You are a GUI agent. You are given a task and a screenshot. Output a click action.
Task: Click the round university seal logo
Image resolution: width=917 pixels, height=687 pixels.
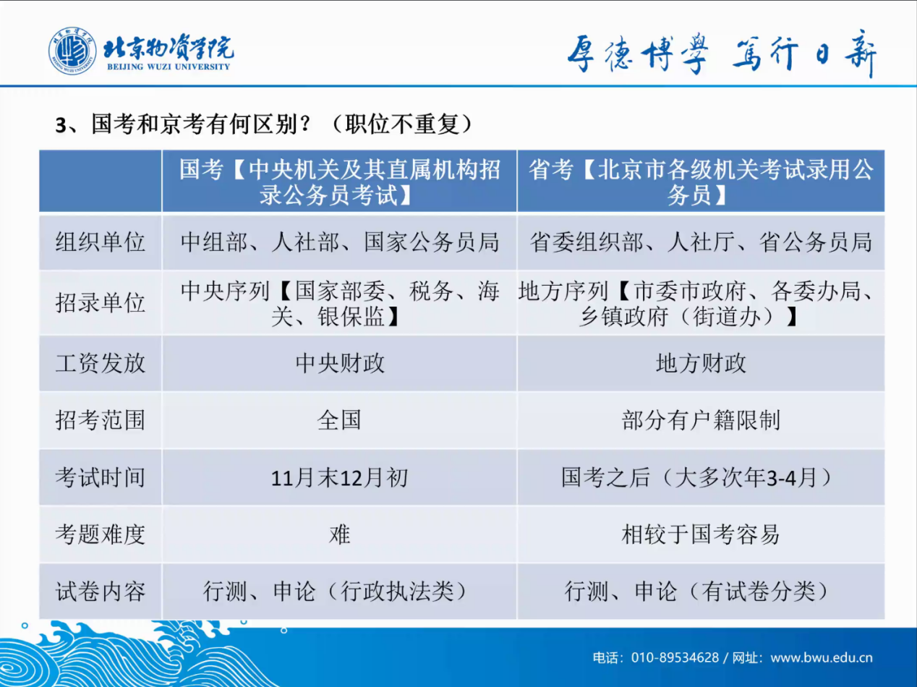coord(72,51)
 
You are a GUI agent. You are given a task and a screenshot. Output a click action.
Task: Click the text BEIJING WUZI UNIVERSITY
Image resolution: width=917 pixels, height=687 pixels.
coord(169,67)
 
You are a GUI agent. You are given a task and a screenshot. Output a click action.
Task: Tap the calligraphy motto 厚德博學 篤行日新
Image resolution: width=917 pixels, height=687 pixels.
coord(722,54)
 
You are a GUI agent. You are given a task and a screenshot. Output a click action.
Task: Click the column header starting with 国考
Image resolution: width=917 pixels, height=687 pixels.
coord(339,182)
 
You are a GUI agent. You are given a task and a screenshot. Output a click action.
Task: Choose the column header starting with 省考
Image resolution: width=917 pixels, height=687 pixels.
coord(701,182)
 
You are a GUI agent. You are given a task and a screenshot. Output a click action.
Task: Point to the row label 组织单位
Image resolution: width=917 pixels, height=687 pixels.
coord(101,242)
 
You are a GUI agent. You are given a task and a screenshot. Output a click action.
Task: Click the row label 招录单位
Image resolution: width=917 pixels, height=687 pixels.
coord(101,303)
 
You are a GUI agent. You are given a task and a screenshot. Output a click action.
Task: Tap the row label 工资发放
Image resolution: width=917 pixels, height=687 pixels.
coord(101,363)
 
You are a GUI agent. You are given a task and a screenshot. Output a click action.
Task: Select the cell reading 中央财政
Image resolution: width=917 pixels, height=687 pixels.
coord(340,363)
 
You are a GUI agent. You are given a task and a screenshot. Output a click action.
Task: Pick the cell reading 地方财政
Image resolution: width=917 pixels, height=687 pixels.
coord(701,363)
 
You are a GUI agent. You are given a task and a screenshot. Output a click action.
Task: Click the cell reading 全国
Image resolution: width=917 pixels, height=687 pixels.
coord(339,419)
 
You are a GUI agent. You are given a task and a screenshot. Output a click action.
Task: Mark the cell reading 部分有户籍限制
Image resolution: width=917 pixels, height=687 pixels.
coord(701,419)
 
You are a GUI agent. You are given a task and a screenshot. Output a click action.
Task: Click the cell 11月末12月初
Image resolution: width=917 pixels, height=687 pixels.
coord(340,477)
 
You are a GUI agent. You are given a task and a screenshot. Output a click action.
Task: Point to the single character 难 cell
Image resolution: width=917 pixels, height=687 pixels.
coord(339,534)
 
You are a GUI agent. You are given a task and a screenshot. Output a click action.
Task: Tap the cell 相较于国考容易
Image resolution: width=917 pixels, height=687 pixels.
coord(701,534)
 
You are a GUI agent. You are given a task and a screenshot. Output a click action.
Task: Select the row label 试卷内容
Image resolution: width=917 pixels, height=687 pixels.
coord(101,592)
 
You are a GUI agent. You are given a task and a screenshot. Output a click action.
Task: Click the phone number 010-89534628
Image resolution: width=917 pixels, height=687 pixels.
coord(675,657)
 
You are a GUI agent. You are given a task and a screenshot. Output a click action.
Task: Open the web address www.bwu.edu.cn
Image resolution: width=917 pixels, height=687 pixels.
coord(822,658)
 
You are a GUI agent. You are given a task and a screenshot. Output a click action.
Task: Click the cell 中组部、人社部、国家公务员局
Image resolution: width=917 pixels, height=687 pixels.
coord(340,242)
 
